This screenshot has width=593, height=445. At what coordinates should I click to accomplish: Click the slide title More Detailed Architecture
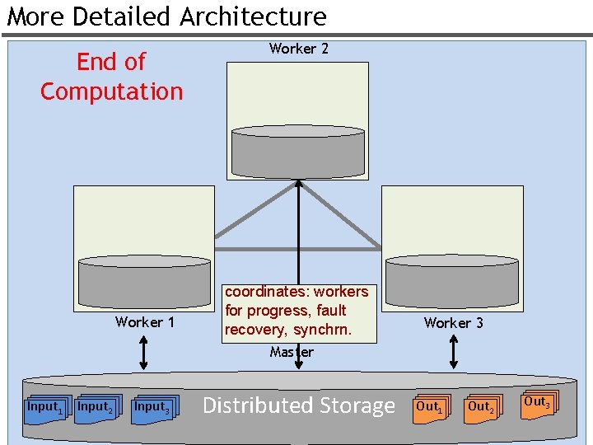click(167, 16)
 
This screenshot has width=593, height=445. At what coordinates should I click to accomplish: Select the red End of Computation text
click(111, 77)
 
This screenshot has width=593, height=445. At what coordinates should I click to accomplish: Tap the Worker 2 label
click(298, 49)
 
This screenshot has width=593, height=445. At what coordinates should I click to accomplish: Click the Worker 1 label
click(145, 322)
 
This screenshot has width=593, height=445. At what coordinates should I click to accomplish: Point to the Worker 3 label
click(453, 323)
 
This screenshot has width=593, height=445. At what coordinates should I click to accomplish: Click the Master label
click(292, 353)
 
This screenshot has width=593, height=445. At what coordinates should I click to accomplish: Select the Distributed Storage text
click(298, 405)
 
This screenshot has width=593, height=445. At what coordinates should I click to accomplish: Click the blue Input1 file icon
click(45, 409)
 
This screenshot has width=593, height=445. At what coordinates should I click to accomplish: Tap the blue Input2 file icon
click(96, 409)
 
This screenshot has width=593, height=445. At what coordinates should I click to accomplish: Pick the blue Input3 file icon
click(153, 409)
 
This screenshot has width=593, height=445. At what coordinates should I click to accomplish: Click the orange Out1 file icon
click(430, 409)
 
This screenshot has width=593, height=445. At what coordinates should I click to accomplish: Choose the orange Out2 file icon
click(481, 409)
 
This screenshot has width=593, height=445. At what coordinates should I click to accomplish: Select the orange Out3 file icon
click(538, 404)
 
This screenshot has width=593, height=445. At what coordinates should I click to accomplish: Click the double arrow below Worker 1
click(144, 352)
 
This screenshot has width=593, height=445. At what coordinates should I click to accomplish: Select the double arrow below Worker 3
click(452, 352)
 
